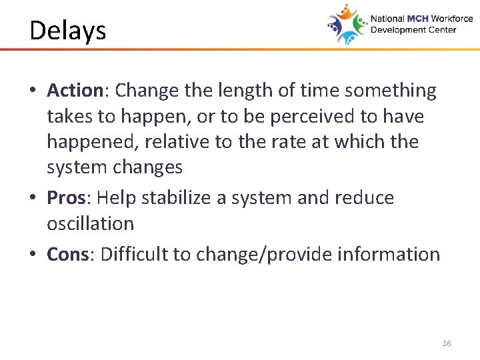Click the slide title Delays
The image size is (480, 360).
[x=67, y=31]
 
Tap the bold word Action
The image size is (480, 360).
[x=73, y=91]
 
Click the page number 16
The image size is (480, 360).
[x=446, y=343]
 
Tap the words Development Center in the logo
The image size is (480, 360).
[x=413, y=30]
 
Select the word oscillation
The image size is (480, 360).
[x=90, y=224]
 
